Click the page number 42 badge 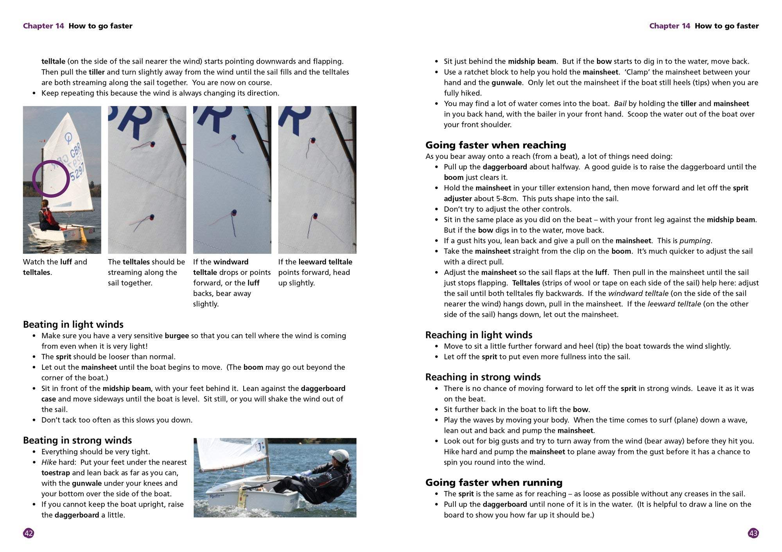(29, 533)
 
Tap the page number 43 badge (753, 533)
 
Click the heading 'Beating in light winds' (73, 324)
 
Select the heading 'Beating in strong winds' (77, 440)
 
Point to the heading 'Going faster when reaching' (495, 145)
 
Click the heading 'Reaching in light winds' (479, 335)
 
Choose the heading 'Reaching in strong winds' (483, 377)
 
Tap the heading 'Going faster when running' (494, 482)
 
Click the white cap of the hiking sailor (339, 455)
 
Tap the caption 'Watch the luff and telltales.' (55, 267)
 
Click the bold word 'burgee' (177, 336)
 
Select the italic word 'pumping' (695, 241)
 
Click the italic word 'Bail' (620, 104)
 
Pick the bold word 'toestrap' (56, 473)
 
